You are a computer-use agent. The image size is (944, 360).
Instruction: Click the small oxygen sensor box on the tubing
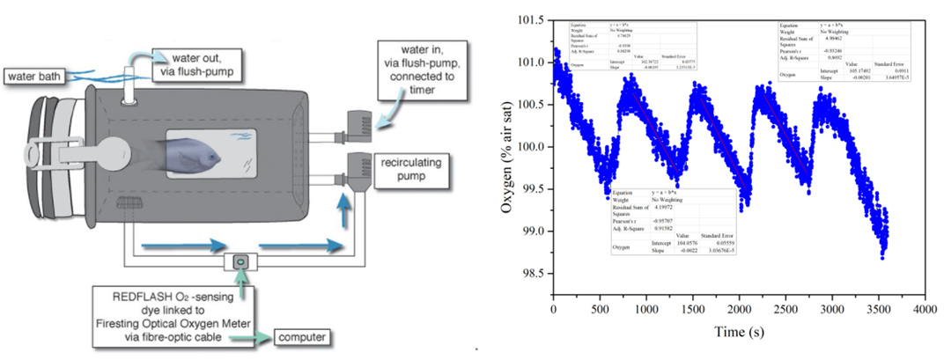(x=240, y=261)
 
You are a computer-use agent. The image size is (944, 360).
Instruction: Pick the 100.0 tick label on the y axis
(x=531, y=146)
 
